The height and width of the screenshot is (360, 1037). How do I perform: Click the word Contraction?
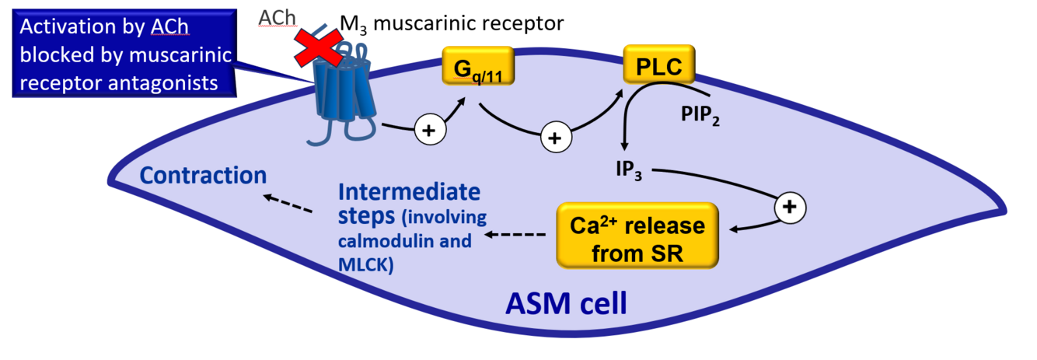(x=204, y=175)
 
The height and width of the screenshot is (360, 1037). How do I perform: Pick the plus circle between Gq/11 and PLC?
(x=554, y=138)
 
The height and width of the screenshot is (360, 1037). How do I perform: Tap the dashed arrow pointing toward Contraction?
(x=288, y=204)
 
